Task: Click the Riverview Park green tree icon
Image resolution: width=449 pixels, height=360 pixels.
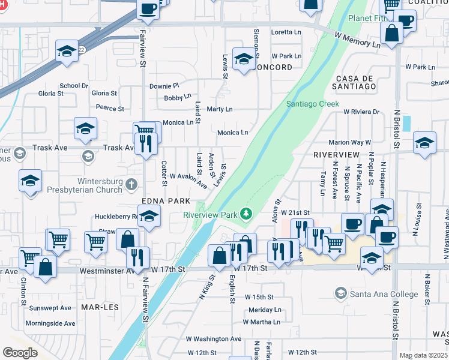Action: [x=245, y=214]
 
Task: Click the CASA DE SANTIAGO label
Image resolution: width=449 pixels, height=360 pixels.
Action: [x=356, y=83]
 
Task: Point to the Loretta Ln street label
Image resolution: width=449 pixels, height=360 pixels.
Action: [x=286, y=32]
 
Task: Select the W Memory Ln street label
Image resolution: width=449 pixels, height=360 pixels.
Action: [x=358, y=40]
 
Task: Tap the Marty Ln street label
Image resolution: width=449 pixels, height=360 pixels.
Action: [x=219, y=109]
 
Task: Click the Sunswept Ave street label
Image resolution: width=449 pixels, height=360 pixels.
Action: [x=50, y=308]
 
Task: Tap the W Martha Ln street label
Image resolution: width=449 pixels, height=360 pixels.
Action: [x=262, y=322]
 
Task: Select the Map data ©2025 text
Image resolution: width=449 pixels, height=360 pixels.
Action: [x=423, y=355]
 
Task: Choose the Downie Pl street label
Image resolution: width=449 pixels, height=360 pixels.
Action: [x=164, y=86]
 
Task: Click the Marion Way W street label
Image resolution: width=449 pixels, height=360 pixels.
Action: [x=349, y=143]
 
